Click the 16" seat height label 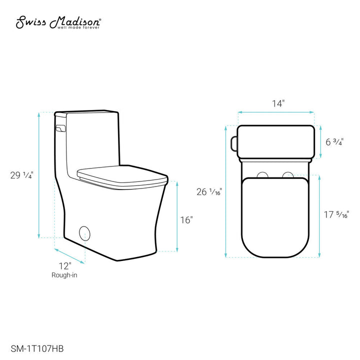186,219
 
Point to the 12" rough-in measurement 64,265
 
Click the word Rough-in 64,275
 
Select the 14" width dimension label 278,103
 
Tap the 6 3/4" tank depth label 334,141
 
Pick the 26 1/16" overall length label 209,191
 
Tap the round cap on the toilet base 85,233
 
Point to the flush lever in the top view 234,142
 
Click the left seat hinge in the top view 261,174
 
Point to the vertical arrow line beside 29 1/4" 39,175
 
